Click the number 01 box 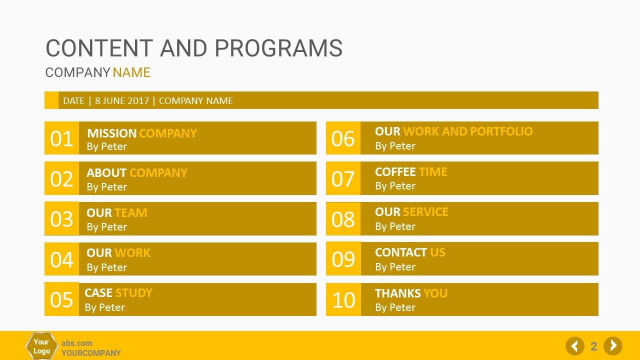coord(61,138)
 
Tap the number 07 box coord(343,178)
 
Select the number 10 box coord(343,299)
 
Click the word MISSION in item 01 coord(111,133)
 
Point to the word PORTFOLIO coord(501,131)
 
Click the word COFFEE coord(395,172)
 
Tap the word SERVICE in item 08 coord(425,212)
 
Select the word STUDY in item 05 coord(133,293)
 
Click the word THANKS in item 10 coord(397,293)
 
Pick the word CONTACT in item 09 coord(401,252)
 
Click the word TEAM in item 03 coord(131,213)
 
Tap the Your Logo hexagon coord(41,346)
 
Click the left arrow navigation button coord(575,346)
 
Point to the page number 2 coord(593,346)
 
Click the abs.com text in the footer coord(77,343)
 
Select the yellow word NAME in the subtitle coord(131,72)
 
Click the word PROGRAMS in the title coord(278,48)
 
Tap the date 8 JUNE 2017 coord(122,101)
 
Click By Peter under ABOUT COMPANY coord(107,187)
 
